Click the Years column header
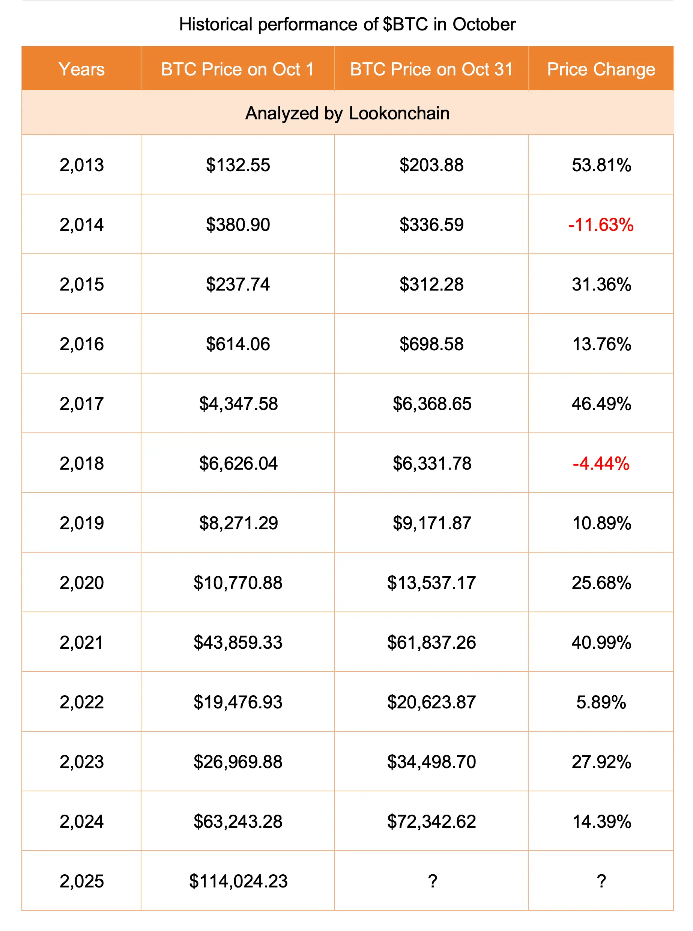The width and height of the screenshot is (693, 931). (x=81, y=69)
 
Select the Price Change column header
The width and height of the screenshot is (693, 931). (x=601, y=69)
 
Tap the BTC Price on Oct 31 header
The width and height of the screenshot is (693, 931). (x=431, y=69)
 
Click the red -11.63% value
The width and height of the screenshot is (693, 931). (x=601, y=224)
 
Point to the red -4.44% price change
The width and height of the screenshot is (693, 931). (x=601, y=463)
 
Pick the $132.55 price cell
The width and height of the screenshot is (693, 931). (x=238, y=165)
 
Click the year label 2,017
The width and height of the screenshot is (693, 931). (x=81, y=404)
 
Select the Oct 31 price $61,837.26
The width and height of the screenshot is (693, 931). (x=431, y=642)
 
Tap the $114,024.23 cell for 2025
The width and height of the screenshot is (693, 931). (x=238, y=881)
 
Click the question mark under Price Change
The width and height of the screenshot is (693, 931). (x=601, y=881)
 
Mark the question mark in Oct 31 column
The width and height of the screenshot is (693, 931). (x=432, y=881)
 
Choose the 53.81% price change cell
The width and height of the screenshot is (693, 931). (x=601, y=165)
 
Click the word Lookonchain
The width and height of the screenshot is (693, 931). (x=399, y=113)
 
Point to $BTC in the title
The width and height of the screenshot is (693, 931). (x=405, y=24)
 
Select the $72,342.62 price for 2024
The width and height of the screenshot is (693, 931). (x=431, y=821)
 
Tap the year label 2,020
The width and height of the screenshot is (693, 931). (x=81, y=583)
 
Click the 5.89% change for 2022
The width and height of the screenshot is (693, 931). (x=601, y=702)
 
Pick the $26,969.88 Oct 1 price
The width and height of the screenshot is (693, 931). (x=238, y=762)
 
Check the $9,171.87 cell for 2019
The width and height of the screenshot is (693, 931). (x=431, y=523)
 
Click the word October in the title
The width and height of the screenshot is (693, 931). (x=484, y=24)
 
